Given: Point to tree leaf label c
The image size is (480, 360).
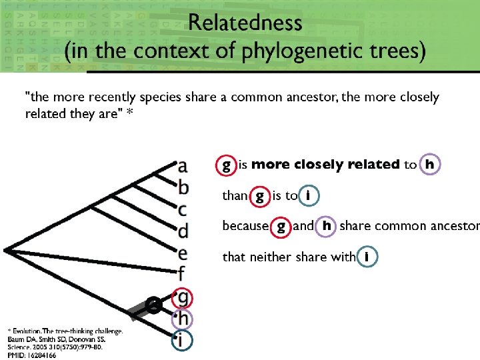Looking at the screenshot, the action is tap(182, 210).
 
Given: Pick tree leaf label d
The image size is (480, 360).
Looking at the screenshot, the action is tap(183, 231).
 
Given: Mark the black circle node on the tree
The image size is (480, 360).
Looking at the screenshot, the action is tap(153, 306).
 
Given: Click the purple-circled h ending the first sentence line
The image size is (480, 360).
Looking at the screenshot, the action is tap(431, 164).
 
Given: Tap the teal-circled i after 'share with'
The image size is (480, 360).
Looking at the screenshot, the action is tap(367, 257).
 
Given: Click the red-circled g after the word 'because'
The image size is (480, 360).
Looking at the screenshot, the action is tap(281, 226).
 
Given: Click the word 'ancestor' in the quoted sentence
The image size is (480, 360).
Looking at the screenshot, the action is tap(313, 97).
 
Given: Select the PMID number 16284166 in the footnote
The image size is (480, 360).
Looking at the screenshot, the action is tap(41, 355).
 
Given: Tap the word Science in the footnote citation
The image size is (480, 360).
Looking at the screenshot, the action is tap(20, 347).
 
